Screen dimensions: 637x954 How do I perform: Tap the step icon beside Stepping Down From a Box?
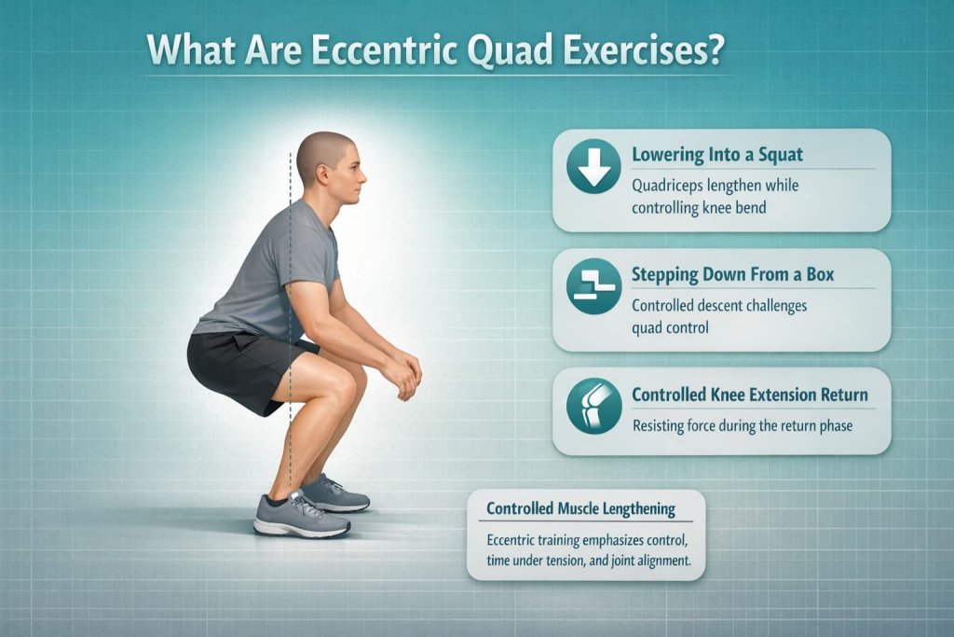pyautogui.click(x=593, y=285)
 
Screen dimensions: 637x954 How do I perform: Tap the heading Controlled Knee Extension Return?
pyautogui.click(x=749, y=395)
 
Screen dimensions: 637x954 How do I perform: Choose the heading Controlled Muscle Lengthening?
pyautogui.click(x=580, y=509)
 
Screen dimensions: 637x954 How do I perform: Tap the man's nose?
pyautogui.click(x=364, y=175)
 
